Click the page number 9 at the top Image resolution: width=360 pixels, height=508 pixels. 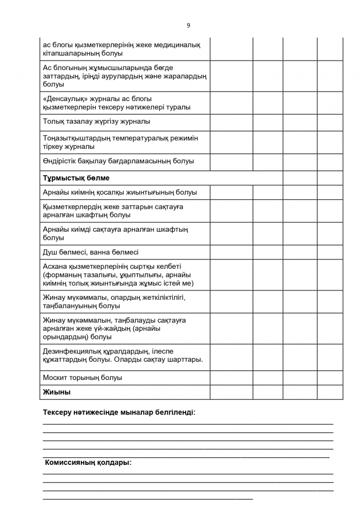pyautogui.click(x=188, y=25)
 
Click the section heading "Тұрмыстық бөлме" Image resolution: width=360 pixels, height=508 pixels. pyautogui.click(x=76, y=178)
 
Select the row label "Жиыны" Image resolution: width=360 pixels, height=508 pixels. pyautogui.click(x=57, y=392)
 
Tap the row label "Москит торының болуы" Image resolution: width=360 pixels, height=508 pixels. pyautogui.click(x=83, y=378)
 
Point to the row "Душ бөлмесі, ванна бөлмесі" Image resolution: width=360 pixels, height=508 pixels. pyautogui.click(x=91, y=252)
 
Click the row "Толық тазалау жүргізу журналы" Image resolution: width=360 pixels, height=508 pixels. pyautogui.click(x=97, y=122)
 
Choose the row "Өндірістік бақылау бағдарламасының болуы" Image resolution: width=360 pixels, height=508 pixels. pyautogui.click(x=118, y=162)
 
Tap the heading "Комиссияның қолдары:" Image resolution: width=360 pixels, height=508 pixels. pyautogui.click(x=88, y=463)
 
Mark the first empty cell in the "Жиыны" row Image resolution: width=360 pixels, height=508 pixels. pyautogui.click(x=231, y=392)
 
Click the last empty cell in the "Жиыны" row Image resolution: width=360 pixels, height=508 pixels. pyautogui.click(x=330, y=392)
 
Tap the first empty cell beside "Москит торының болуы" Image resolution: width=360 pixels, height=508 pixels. pyautogui.click(x=231, y=378)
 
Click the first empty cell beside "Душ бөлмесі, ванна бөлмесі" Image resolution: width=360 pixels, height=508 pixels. pyautogui.click(x=231, y=252)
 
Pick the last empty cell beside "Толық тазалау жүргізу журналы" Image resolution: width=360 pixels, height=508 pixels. pyautogui.click(x=330, y=122)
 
